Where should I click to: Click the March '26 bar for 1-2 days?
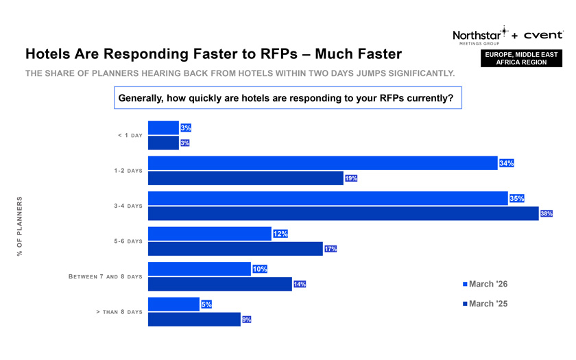[x=322, y=163]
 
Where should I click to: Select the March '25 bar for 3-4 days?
[x=343, y=214]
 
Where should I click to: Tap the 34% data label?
[x=507, y=163]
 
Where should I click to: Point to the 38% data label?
[x=547, y=214]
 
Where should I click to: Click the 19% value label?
[x=350, y=178]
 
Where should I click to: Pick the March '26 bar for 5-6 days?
[x=209, y=234]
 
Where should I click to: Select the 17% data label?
[x=331, y=249]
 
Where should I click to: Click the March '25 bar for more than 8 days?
[x=194, y=320]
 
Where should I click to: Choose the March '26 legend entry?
[x=485, y=284]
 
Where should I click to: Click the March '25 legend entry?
[x=485, y=304]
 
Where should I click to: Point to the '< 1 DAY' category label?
[x=130, y=135]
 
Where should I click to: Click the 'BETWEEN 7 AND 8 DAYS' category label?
[x=106, y=276]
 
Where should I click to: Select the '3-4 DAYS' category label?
[x=128, y=206]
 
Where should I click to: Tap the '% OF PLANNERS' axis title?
[x=20, y=226]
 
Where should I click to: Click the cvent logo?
[x=543, y=34]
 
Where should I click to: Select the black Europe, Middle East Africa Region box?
[x=521, y=58]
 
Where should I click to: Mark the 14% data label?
[x=300, y=284]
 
